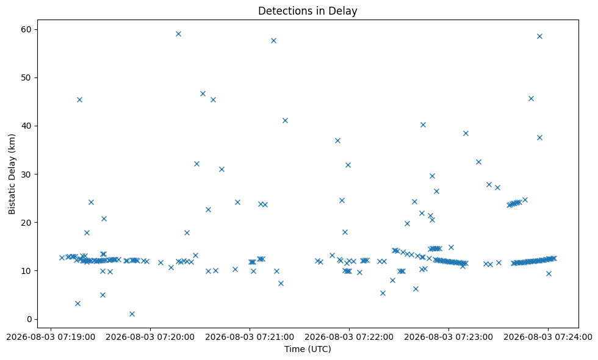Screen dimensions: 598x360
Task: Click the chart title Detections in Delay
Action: pyautogui.click(x=308, y=11)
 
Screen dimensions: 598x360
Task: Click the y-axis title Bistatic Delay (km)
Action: pyautogui.click(x=12, y=174)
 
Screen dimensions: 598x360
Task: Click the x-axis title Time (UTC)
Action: pyautogui.click(x=308, y=349)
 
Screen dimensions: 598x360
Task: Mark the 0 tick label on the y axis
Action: pyautogui.click(x=29, y=319)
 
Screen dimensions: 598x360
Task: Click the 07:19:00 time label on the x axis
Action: pyautogui.click(x=51, y=337)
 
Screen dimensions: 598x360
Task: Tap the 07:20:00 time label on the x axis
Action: pyautogui.click(x=150, y=337)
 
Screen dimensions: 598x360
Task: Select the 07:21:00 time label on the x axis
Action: pyautogui.click(x=250, y=337)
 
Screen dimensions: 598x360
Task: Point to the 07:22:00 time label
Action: pyautogui.click(x=349, y=337)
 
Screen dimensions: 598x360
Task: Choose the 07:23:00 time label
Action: pyautogui.click(x=448, y=337)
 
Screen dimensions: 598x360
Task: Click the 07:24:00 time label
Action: pyautogui.click(x=548, y=337)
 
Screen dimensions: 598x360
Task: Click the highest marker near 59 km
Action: pyautogui.click(x=178, y=34)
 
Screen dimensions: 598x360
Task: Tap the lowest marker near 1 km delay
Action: pyautogui.click(x=132, y=314)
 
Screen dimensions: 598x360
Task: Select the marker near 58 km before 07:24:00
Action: pyautogui.click(x=539, y=36)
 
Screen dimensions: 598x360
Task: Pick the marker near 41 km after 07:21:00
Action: pyautogui.click(x=285, y=121)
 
